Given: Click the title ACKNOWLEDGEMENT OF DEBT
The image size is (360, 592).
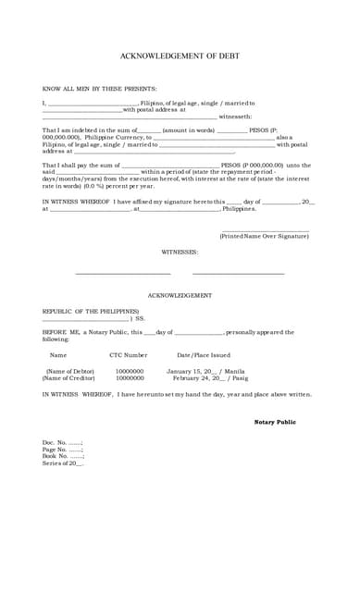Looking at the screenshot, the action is [x=180, y=56].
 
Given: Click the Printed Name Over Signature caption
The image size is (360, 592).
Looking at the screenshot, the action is [x=264, y=237].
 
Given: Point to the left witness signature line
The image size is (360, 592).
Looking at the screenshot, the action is [x=122, y=273].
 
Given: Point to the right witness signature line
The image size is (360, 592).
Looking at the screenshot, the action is [x=238, y=273].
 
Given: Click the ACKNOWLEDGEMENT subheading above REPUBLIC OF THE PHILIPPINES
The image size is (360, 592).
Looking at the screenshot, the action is [x=180, y=295].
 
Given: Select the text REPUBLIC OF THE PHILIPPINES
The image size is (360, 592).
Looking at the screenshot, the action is [x=91, y=311].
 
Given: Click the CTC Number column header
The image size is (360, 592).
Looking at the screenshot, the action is [x=129, y=354].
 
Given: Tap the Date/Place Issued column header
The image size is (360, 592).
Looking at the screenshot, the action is [x=204, y=354].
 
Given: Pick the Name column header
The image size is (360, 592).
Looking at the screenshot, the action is [x=58, y=354].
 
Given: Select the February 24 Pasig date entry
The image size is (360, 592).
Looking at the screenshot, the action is [x=210, y=377].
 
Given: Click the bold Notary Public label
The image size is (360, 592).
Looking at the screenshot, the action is [x=275, y=422].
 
